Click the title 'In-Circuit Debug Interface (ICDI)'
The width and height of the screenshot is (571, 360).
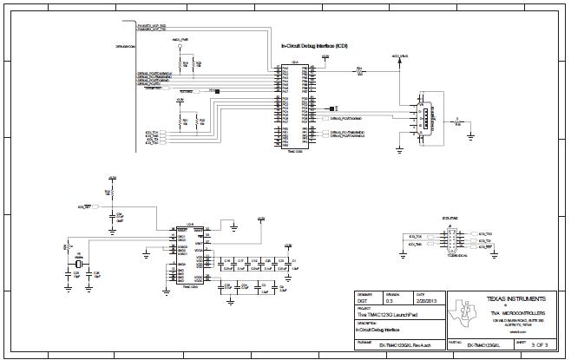tap(315, 45)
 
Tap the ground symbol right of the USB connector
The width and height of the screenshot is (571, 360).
tap(469, 134)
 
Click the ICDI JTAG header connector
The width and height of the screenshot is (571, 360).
tap(452, 239)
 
